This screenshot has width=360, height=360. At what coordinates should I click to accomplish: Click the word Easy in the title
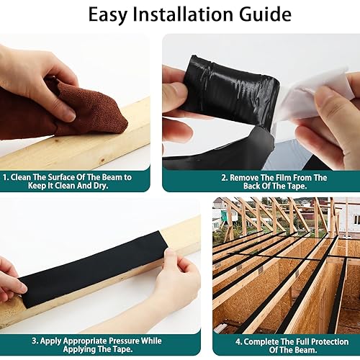click(107, 15)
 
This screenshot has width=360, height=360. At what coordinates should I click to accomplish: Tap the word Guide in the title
click(265, 14)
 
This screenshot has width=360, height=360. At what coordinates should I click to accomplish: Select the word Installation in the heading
click(183, 14)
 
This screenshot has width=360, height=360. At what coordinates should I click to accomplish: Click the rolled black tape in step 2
click(230, 91)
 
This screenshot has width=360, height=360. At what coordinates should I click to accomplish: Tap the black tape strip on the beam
click(94, 269)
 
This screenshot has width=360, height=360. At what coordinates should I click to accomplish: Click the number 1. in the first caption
click(6, 177)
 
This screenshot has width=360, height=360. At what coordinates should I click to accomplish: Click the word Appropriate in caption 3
click(85, 341)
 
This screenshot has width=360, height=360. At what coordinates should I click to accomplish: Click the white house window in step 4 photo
click(356, 220)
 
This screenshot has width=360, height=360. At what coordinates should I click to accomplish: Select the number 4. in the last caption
click(238, 342)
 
